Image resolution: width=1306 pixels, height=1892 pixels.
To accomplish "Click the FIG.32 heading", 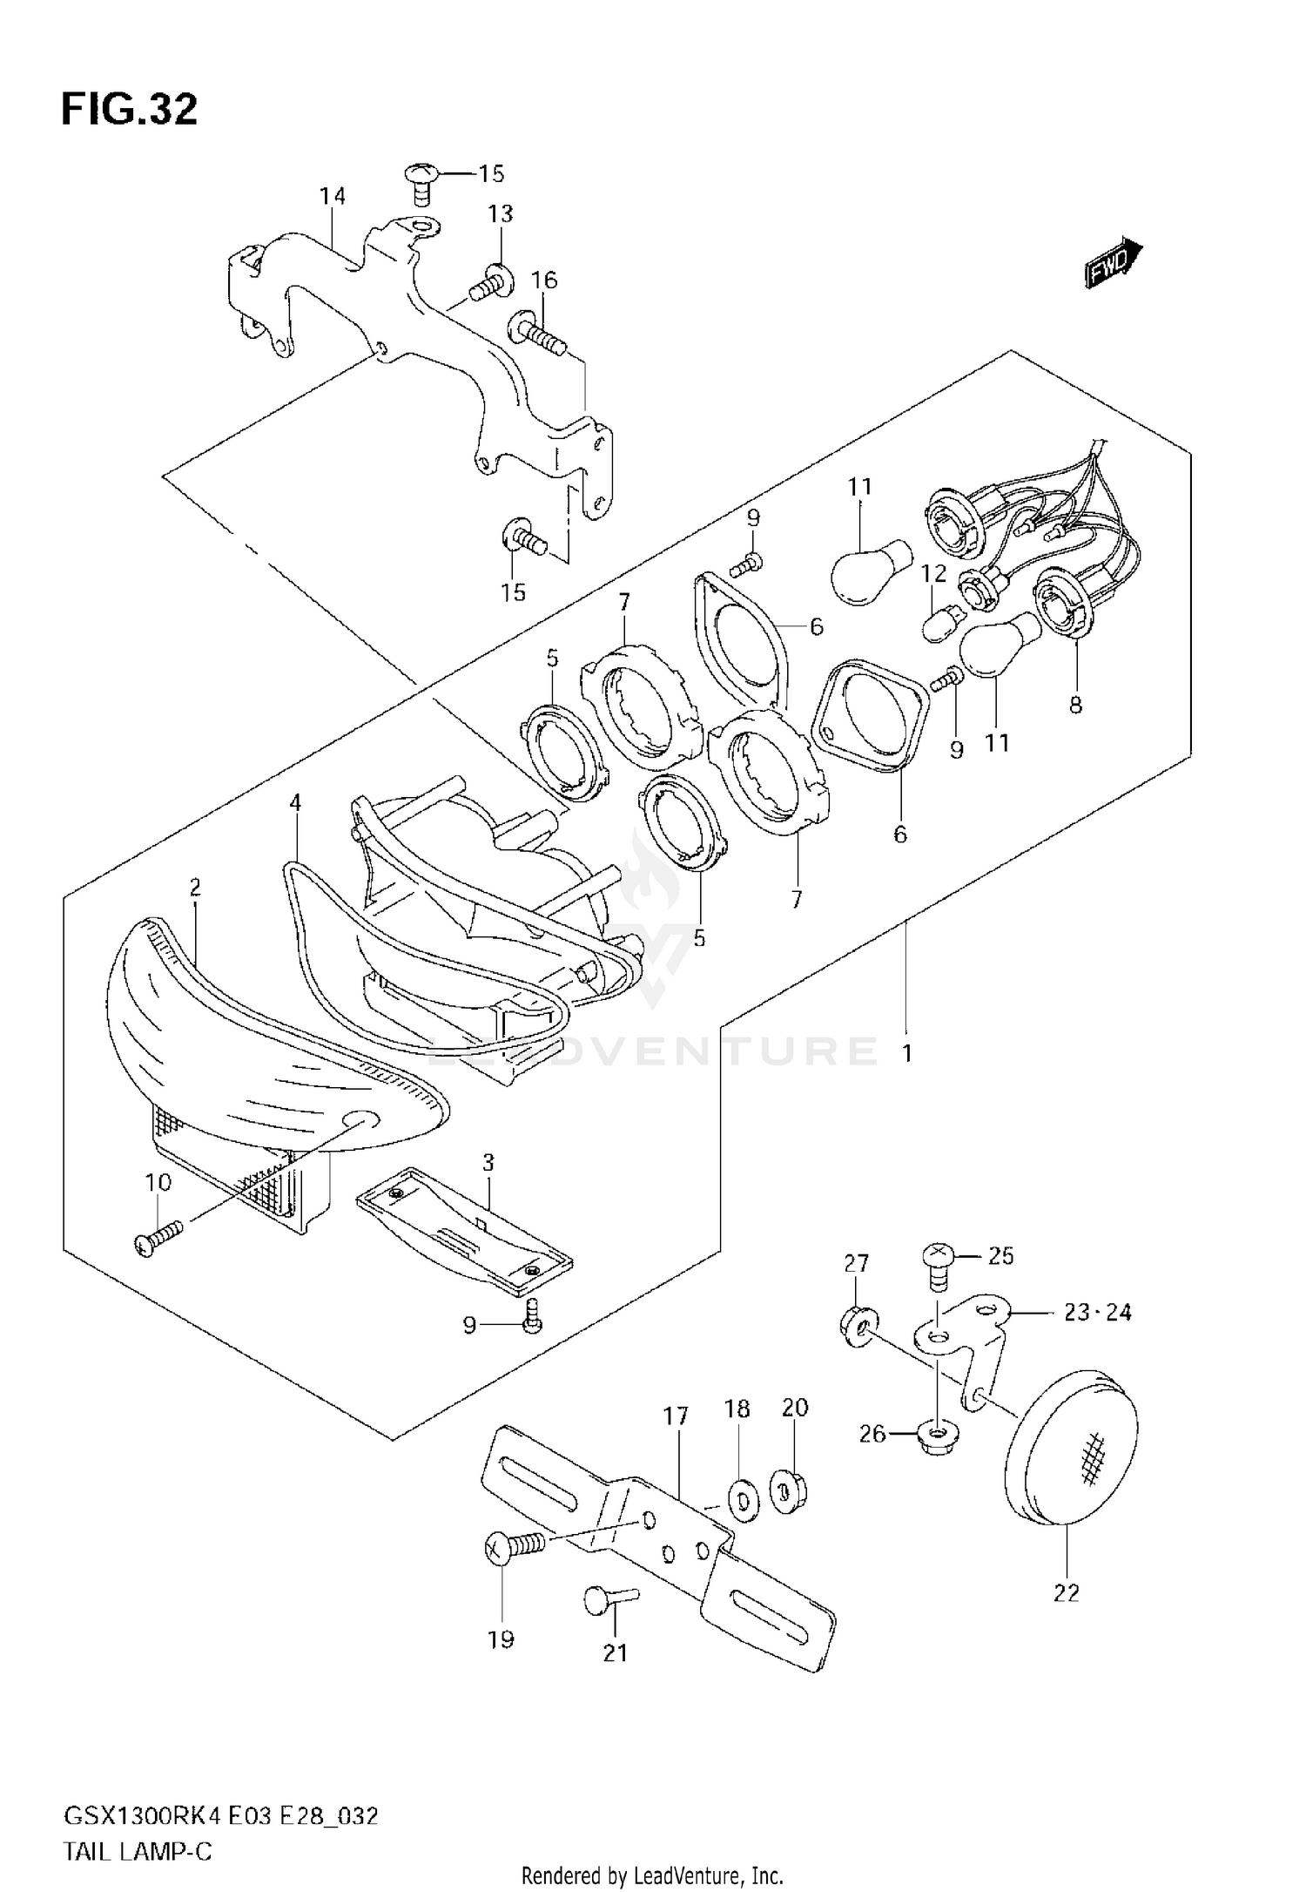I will (x=129, y=111).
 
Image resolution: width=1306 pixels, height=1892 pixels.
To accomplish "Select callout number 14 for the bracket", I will (x=332, y=197).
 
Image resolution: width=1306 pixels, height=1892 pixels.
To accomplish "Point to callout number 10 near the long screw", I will (x=158, y=1183).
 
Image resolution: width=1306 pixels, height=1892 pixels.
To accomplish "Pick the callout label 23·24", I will (x=1097, y=1312).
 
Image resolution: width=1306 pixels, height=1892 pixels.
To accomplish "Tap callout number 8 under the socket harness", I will (x=1075, y=705).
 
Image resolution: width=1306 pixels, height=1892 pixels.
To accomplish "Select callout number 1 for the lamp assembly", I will (x=906, y=1054).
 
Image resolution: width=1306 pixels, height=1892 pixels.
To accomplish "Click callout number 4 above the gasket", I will (x=295, y=802).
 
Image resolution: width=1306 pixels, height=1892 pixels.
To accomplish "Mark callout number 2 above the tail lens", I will (x=195, y=888).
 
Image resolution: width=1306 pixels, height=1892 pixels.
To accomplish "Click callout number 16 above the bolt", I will (x=544, y=280).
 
